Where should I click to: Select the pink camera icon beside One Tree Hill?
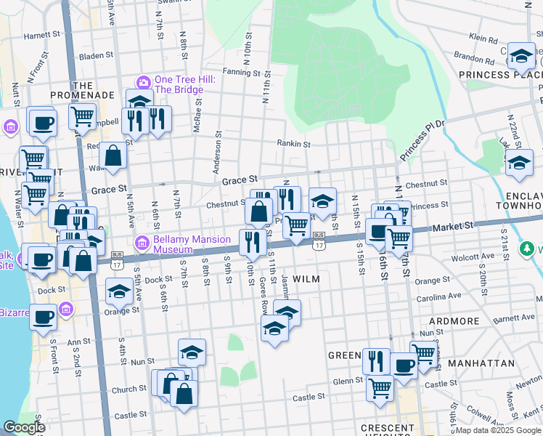(x=143, y=81)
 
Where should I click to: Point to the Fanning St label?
(x=241, y=73)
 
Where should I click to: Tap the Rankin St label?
(x=293, y=144)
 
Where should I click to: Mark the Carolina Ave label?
(x=438, y=296)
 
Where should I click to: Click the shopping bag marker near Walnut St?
(x=113, y=156)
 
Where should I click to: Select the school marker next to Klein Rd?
(x=520, y=54)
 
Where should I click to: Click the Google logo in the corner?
(x=25, y=427)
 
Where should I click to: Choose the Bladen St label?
(x=97, y=54)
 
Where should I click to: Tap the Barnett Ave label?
(x=513, y=318)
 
